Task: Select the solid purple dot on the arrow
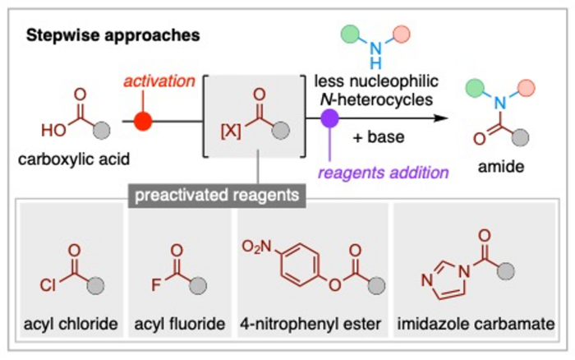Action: (330, 121)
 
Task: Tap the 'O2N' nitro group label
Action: (255, 243)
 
